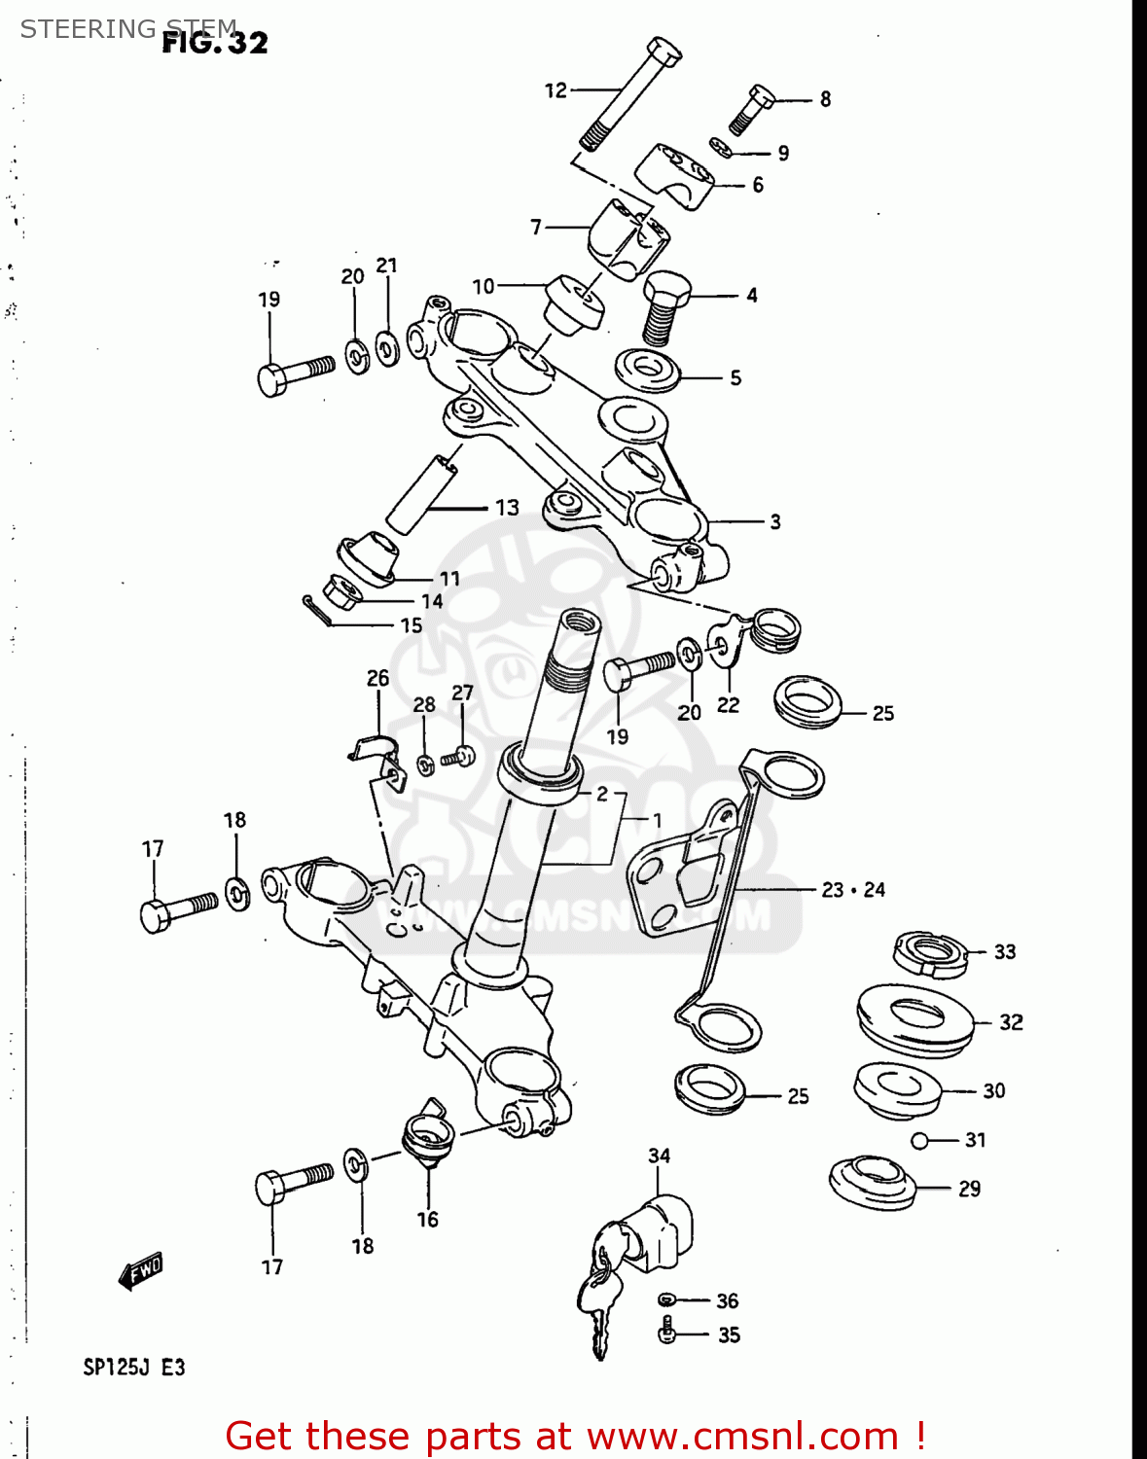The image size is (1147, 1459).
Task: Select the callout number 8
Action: click(825, 99)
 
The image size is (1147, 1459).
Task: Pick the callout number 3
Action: click(774, 521)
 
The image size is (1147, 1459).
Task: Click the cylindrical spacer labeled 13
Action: click(420, 493)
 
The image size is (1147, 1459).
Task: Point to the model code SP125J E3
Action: click(133, 1368)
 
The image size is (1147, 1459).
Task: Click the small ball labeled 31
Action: click(919, 1140)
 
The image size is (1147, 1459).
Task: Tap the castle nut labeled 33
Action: click(930, 952)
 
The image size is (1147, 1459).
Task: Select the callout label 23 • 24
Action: click(853, 889)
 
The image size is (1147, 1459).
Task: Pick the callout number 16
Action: click(427, 1220)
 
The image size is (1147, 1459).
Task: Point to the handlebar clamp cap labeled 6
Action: click(675, 175)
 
